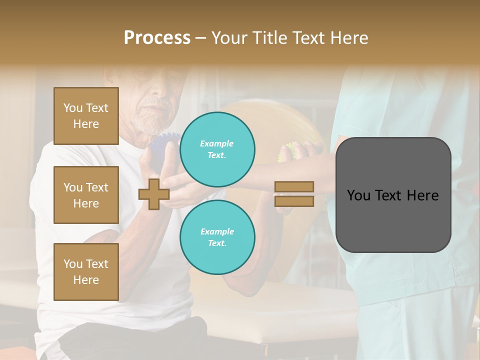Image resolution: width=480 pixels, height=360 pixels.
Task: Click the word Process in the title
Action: tap(157, 38)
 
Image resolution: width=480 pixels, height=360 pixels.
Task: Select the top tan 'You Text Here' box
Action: tap(86, 116)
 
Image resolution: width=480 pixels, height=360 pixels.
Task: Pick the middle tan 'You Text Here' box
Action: tap(86, 195)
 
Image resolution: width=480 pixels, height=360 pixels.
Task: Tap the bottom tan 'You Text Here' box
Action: tap(86, 271)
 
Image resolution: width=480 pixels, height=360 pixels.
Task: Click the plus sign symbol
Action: tap(154, 194)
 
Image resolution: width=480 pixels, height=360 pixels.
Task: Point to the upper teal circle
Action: tap(217, 149)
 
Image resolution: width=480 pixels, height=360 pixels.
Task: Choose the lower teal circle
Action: tap(217, 237)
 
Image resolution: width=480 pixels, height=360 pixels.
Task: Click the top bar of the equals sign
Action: tap(294, 186)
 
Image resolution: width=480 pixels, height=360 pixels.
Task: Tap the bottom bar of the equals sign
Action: tap(294, 201)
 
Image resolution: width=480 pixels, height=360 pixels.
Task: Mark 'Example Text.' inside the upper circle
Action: tap(217, 149)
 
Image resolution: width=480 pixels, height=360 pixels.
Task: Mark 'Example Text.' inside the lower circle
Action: tap(217, 237)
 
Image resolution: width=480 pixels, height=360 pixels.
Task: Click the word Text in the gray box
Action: tap(392, 195)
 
